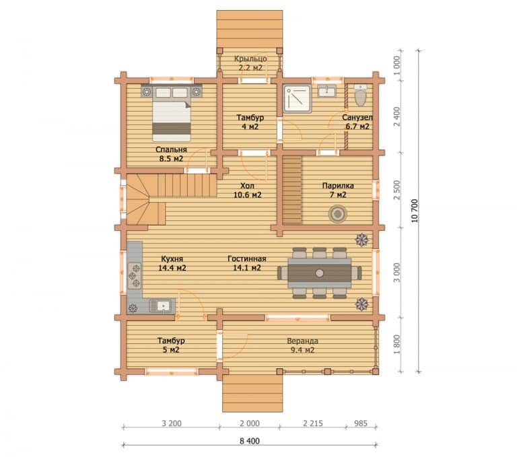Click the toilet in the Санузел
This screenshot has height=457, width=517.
[x=360, y=95]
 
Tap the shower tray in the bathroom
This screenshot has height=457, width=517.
[x=297, y=98]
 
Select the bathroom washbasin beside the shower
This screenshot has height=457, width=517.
[x=326, y=91]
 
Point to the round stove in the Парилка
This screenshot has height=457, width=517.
[x=338, y=214]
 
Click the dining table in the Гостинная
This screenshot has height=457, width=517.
[x=319, y=273]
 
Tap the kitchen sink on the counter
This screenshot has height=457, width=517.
[x=162, y=306]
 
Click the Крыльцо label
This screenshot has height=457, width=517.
[x=250, y=59]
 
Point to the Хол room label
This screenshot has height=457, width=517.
[x=247, y=186]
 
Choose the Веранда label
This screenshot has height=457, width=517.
[x=302, y=341]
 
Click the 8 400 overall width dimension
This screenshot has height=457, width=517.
[x=250, y=441]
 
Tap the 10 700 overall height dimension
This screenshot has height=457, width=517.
[x=415, y=211]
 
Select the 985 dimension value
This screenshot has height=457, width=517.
[x=361, y=423]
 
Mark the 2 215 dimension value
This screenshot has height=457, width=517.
[x=313, y=423]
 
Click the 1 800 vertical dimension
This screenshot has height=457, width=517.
[x=397, y=345]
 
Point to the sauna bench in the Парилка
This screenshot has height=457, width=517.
[x=292, y=190]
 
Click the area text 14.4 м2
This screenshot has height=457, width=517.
[x=172, y=268]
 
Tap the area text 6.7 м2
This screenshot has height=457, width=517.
[x=357, y=127]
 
